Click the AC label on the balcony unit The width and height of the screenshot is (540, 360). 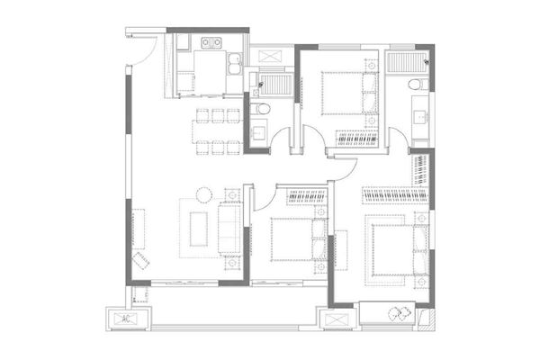click(x=126, y=319)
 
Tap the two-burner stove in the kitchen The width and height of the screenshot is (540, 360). click(x=211, y=42)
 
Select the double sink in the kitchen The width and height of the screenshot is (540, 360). click(x=235, y=63)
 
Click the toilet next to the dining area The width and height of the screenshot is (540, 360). click(x=260, y=109)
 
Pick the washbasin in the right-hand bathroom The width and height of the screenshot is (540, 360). click(x=421, y=116)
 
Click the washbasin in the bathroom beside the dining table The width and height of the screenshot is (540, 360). click(x=258, y=132)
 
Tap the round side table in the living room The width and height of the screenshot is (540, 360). click(x=204, y=195)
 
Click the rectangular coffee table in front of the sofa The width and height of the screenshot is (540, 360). click(x=199, y=229)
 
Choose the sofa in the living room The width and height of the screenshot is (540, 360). click(x=229, y=229)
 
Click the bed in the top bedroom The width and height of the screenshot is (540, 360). click(x=349, y=93)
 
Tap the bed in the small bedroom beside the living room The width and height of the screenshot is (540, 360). click(x=298, y=239)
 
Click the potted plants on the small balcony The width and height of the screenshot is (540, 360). click(x=400, y=312)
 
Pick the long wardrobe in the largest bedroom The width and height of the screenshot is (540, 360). click(x=395, y=195)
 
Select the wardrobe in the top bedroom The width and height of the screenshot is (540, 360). click(x=356, y=138)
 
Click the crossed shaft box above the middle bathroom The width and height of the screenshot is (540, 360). click(x=270, y=56)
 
